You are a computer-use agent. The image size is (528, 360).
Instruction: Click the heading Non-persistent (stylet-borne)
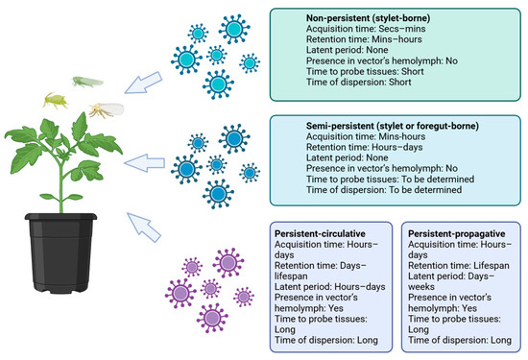pyautogui.click(x=368, y=18)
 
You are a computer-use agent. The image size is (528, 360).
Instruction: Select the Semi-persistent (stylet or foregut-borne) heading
pyautogui.click(x=393, y=126)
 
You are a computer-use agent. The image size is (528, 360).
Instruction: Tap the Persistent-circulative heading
pyautogui.click(x=320, y=233)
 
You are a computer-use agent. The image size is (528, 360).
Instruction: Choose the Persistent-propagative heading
pyautogui.click(x=457, y=233)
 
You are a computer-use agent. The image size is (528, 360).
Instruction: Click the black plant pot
pyautogui.click(x=60, y=252)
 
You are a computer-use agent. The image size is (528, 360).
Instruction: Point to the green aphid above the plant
pyautogui.click(x=55, y=101)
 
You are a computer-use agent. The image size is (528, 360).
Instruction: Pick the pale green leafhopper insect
pyautogui.click(x=87, y=82)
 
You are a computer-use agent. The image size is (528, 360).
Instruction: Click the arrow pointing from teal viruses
pyautogui.click(x=144, y=83)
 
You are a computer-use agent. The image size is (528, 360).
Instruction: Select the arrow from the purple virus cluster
pyautogui.click(x=144, y=228)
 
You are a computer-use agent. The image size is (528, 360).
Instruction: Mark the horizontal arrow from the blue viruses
pyautogui.click(x=144, y=163)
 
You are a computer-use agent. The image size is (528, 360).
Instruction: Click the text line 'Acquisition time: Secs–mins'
pyautogui.click(x=366, y=29)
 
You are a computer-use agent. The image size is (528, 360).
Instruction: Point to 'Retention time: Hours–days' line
pyautogui.click(x=365, y=147)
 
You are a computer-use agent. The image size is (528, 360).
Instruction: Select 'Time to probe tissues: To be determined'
pyautogui.click(x=391, y=180)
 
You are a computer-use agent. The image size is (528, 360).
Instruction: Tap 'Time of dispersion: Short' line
pyautogui.click(x=359, y=83)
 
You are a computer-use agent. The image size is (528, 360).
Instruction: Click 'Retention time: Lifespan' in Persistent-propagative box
pyautogui.click(x=459, y=266)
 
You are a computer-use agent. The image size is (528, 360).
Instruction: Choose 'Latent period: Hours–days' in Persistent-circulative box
pyautogui.click(x=330, y=287)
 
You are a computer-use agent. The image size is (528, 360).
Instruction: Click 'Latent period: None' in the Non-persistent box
pyautogui.click(x=348, y=50)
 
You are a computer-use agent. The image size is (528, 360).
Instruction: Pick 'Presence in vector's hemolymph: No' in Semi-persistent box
pyautogui.click(x=382, y=168)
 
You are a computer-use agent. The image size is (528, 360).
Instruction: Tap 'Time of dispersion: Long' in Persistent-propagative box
pyautogui.click(x=460, y=340)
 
